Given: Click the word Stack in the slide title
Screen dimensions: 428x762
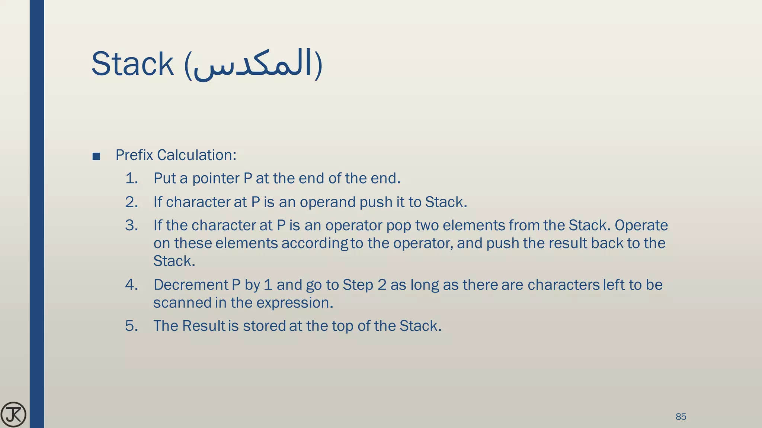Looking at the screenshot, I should pyautogui.click(x=132, y=64).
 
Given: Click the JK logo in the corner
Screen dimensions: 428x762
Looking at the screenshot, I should pyautogui.click(x=13, y=414).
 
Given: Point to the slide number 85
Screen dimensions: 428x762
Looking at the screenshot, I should pyautogui.click(x=681, y=416).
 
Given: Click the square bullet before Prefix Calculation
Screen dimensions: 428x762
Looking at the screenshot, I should pyautogui.click(x=96, y=156).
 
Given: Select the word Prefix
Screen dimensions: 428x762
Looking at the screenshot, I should pyautogui.click(x=134, y=155).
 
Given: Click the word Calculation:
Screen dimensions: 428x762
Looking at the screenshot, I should pyautogui.click(x=196, y=155).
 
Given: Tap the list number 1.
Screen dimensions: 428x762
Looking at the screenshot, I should pyautogui.click(x=131, y=178).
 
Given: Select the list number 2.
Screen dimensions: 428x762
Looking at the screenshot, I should pyautogui.click(x=131, y=202).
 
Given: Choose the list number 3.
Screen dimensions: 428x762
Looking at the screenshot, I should pyautogui.click(x=131, y=226).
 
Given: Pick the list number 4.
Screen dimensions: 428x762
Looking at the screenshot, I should pyautogui.click(x=131, y=285).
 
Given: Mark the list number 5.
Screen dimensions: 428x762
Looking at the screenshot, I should pyautogui.click(x=131, y=326).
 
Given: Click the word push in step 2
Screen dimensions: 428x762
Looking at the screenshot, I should pyautogui.click(x=373, y=202).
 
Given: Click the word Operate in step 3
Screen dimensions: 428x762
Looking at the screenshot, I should pyautogui.click(x=641, y=226).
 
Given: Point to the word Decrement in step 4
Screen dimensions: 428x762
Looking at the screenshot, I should pyautogui.click(x=190, y=285).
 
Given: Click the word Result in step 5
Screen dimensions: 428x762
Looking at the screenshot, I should pyautogui.click(x=204, y=326).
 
